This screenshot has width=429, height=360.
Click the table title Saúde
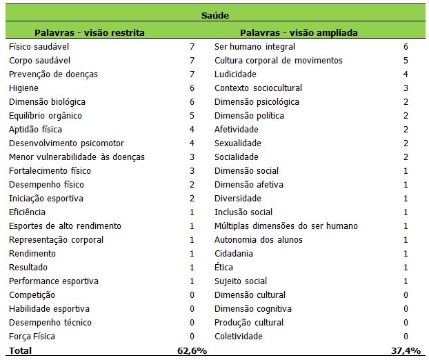[215, 14]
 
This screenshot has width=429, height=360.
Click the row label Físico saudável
[39, 47]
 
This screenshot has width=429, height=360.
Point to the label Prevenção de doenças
[53, 74]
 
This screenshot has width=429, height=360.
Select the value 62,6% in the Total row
[192, 351]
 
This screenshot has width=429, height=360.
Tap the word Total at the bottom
[20, 351]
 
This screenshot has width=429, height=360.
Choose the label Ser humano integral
[255, 47]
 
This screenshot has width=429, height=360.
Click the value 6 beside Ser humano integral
[406, 47]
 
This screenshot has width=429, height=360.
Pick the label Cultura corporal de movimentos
[278, 61]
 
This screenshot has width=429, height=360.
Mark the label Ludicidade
[235, 74]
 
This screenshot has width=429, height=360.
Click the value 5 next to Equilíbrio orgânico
[192, 116]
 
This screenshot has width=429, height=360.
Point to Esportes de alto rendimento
[65, 226]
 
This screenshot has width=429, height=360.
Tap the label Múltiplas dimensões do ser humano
[286, 226]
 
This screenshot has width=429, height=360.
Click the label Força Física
[32, 337]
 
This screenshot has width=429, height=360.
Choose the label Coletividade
[239, 337]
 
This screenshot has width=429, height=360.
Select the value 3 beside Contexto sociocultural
[406, 88]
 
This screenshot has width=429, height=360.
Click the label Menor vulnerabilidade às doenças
[77, 157]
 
